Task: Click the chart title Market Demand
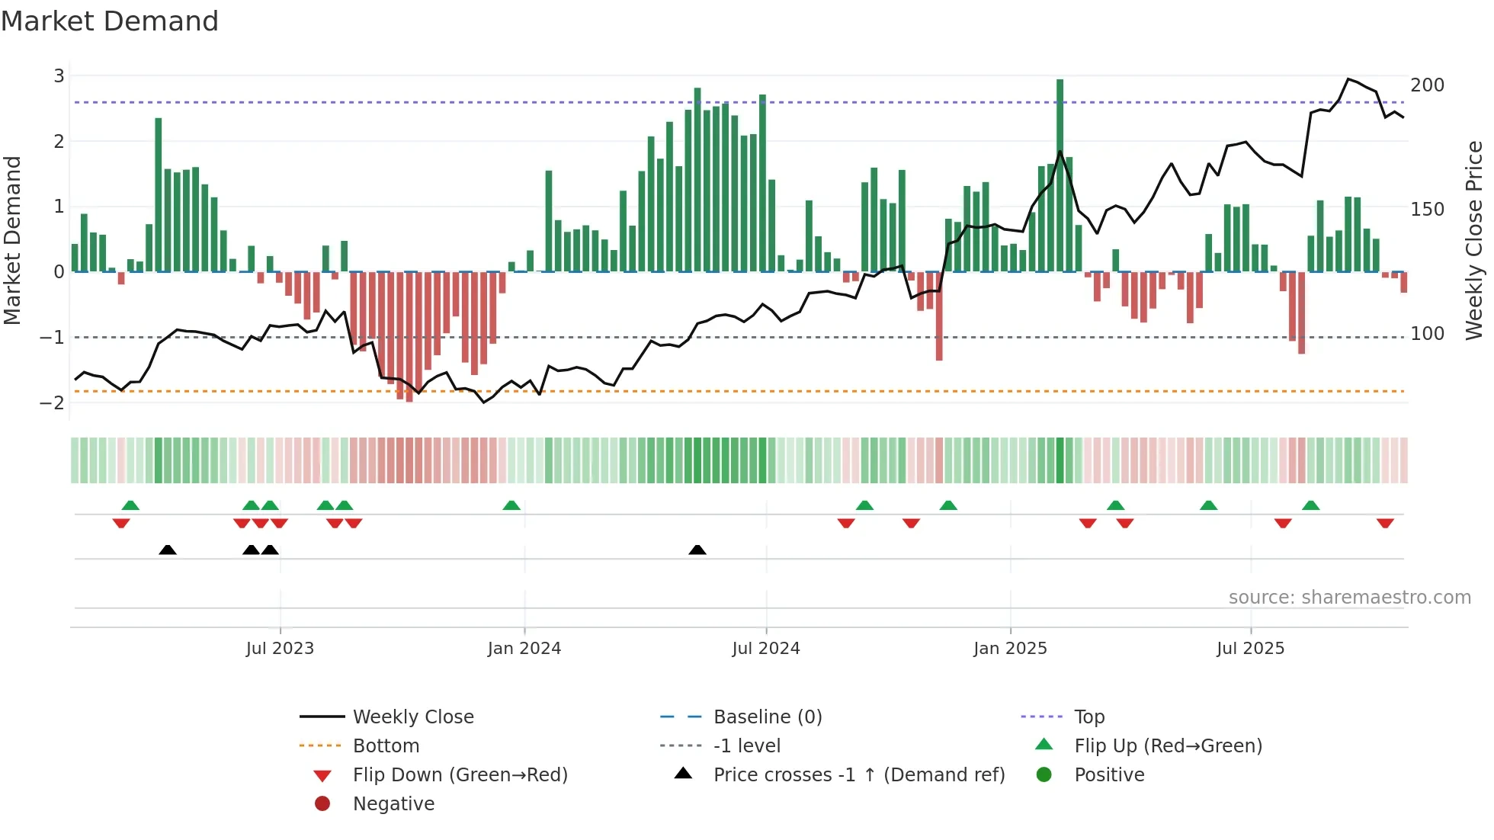(110, 21)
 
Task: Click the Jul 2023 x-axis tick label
(280, 649)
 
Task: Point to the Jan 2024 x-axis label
(524, 649)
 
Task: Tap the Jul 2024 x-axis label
(766, 649)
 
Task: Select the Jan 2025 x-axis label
(1010, 649)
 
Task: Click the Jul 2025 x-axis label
(1250, 649)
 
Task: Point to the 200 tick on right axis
(1427, 85)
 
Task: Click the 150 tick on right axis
(1427, 210)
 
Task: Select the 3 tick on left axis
(59, 76)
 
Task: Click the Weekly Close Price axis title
(1474, 240)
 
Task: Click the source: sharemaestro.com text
(1349, 598)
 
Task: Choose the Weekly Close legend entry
(412, 717)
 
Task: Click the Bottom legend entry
(386, 746)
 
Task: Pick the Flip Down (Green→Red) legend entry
(460, 775)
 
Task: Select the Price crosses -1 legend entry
(858, 775)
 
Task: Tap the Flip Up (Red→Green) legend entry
(1168, 746)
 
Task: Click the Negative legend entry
(393, 804)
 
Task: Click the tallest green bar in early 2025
(1060, 175)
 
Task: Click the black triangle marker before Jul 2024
(697, 550)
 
